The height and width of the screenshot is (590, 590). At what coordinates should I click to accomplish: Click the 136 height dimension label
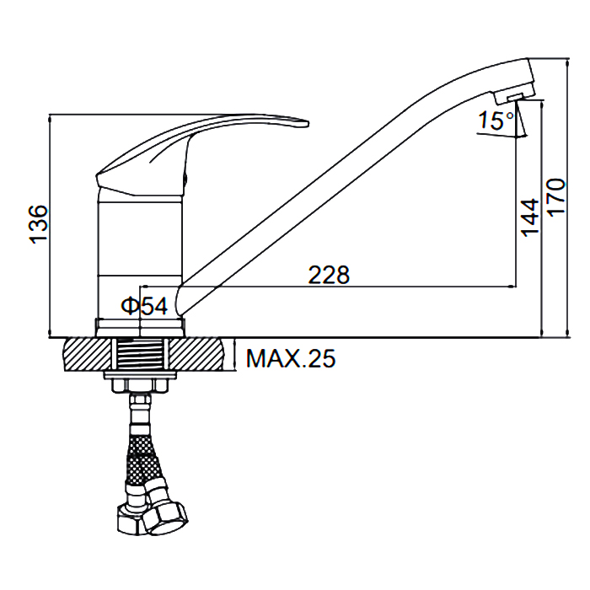[x=39, y=225]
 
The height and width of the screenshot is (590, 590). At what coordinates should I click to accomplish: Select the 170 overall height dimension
[x=555, y=196]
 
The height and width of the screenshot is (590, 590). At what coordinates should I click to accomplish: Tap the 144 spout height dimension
[x=530, y=217]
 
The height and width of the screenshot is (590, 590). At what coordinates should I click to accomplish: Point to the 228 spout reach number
[x=329, y=275]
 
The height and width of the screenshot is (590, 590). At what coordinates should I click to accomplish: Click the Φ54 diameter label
[x=144, y=305]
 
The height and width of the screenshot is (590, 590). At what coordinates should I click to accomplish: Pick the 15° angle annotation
[x=496, y=121]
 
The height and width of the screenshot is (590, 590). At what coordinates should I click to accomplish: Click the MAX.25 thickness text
[x=291, y=358]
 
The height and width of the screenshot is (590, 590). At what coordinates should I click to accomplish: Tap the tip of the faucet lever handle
[x=308, y=123]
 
